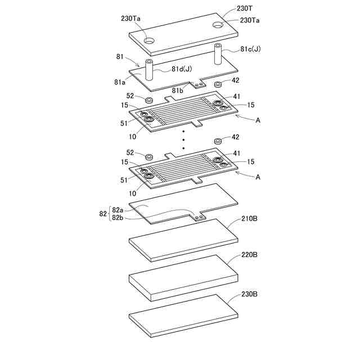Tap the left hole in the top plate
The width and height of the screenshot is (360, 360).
click(149, 40)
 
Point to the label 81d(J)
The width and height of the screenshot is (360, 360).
click(183, 70)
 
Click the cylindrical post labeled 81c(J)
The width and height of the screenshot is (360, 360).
click(217, 56)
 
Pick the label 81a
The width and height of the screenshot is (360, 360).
click(119, 82)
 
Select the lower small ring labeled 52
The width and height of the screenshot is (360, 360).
click(149, 156)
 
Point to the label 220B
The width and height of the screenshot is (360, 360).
click(250, 255)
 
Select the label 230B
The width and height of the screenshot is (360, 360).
click(250, 293)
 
